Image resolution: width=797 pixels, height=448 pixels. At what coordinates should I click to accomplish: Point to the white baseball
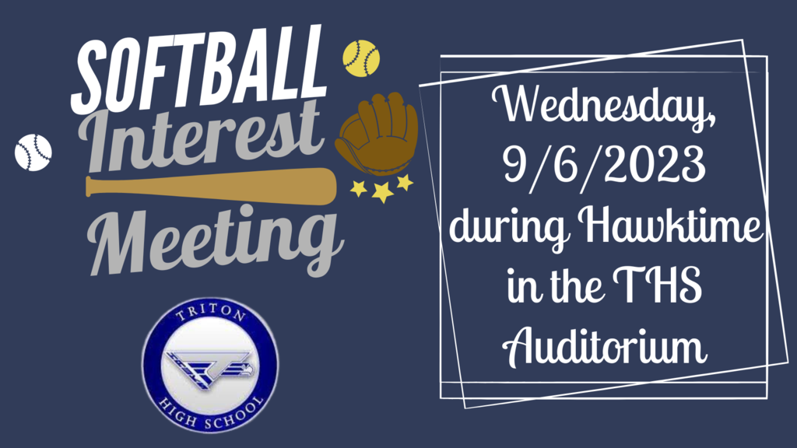tap(33, 152)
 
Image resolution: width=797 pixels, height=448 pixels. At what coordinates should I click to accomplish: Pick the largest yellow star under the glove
tap(382, 191)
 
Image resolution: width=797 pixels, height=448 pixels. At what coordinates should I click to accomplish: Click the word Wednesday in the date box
tap(604, 106)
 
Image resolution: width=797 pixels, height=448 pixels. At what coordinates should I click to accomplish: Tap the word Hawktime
tap(670, 226)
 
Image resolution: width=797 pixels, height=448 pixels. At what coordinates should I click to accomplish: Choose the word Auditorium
tap(604, 346)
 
